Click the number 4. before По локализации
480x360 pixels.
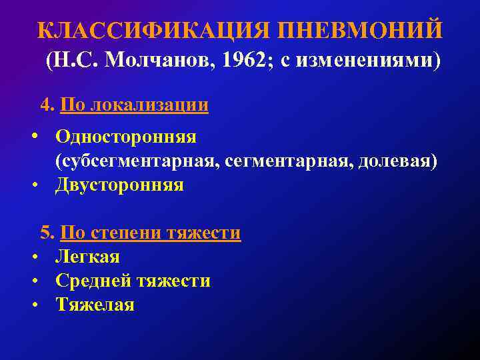pyautogui.click(x=47, y=105)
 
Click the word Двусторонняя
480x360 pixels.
pyautogui.click(x=119, y=185)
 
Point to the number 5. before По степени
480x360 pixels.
pyautogui.click(x=47, y=233)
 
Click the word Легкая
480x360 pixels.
pyautogui.click(x=87, y=257)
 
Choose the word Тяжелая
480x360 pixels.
pyautogui.click(x=95, y=305)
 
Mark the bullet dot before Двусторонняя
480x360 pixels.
pyautogui.click(x=33, y=185)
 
